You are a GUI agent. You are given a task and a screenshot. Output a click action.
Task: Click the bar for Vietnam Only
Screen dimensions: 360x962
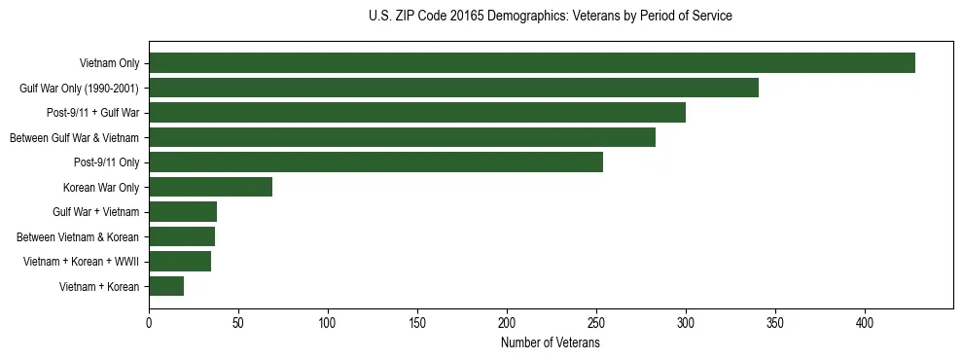click(532, 63)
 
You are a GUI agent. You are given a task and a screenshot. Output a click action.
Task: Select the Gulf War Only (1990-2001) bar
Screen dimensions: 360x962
click(453, 89)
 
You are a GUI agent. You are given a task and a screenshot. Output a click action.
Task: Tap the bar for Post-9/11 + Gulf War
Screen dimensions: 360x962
click(417, 113)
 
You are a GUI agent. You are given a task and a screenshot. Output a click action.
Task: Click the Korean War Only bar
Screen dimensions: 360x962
click(210, 187)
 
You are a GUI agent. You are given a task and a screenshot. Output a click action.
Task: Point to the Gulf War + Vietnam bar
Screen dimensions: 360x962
click(183, 212)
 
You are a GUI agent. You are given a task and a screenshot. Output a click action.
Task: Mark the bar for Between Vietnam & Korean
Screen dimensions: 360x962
click(182, 236)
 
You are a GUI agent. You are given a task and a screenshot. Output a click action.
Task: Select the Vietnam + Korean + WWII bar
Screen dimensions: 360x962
click(180, 261)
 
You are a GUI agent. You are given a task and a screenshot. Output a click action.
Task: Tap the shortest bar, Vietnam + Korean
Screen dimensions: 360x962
click(166, 286)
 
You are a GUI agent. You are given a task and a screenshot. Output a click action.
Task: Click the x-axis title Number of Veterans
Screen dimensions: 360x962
click(551, 342)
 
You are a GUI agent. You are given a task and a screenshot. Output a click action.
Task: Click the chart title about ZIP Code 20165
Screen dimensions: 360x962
click(551, 17)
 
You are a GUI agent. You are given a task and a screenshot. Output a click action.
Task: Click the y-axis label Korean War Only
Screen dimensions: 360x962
click(101, 187)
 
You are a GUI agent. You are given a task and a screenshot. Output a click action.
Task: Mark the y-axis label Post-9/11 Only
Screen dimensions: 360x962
click(106, 162)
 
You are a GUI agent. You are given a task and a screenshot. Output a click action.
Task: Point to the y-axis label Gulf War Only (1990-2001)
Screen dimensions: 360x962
click(79, 89)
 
